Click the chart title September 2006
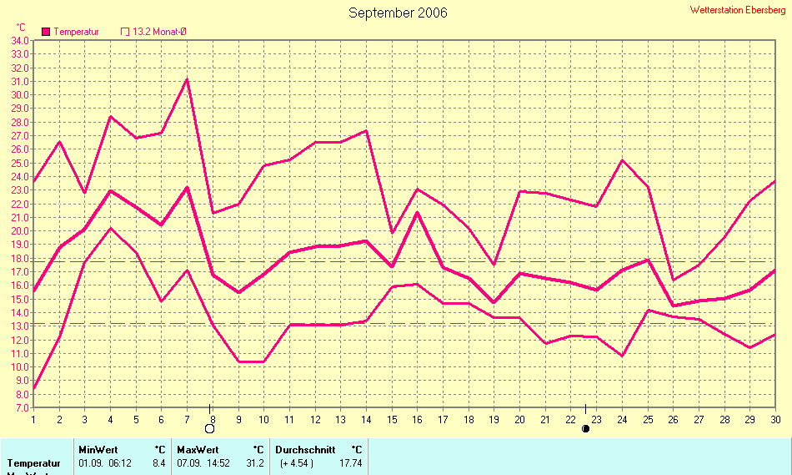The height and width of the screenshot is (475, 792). click(x=398, y=13)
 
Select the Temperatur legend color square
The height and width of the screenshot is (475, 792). click(x=46, y=32)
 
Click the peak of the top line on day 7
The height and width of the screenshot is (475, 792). click(x=187, y=79)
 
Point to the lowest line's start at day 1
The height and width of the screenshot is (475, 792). click(x=33, y=389)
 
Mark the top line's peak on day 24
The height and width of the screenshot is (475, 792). click(x=622, y=160)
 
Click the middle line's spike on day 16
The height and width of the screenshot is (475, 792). click(x=417, y=212)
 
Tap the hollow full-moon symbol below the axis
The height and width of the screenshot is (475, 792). click(x=209, y=429)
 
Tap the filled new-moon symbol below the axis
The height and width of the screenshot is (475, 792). click(x=585, y=429)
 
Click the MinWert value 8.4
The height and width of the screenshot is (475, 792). click(x=158, y=462)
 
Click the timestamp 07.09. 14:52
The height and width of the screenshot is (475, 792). click(x=202, y=462)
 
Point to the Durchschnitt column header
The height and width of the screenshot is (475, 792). click(x=305, y=449)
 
